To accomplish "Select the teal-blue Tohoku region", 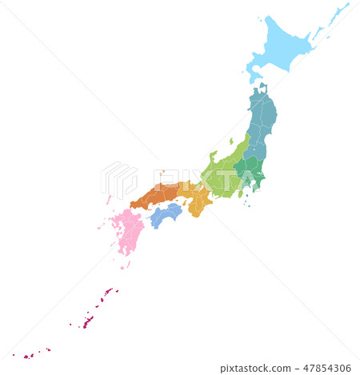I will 261,120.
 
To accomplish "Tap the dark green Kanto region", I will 251,170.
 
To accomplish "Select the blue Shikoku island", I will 166,213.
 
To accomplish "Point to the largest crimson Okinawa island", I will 88,321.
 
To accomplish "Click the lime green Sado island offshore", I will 230,142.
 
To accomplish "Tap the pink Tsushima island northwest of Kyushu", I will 108,199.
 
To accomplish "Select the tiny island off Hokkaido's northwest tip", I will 259,17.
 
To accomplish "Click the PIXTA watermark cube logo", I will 118,179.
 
